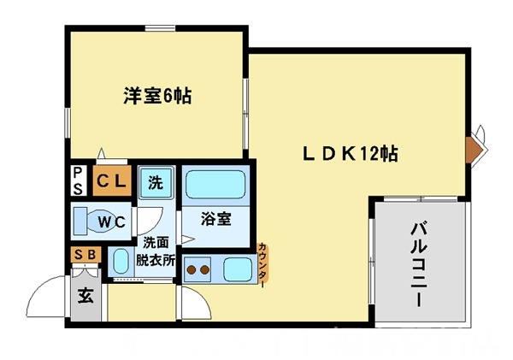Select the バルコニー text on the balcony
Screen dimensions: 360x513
[419, 264]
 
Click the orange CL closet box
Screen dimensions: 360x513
[112, 181]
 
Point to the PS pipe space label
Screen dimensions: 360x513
[77, 181]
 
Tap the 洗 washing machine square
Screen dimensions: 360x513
[156, 181]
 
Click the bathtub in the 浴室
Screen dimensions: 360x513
[215, 185]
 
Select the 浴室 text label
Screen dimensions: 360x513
[215, 219]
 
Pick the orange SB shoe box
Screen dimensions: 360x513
[85, 254]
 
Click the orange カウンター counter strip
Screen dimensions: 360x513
[262, 267]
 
